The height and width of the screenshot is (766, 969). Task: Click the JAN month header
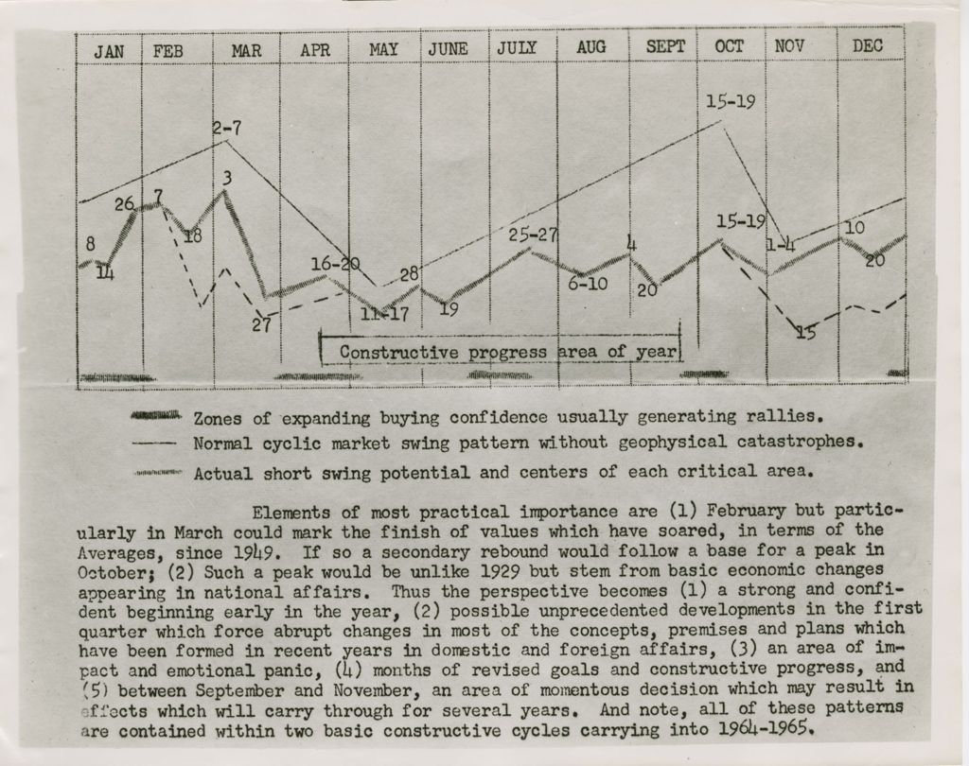tap(109, 52)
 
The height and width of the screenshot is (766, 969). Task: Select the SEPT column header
tap(665, 47)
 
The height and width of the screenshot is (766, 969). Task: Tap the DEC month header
tap(868, 45)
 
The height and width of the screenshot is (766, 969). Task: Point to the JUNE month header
tap(448, 49)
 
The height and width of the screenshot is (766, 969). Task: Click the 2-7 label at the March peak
tap(227, 129)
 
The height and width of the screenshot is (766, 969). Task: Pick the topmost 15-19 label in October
tap(731, 101)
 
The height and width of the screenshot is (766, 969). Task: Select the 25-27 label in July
tap(533, 235)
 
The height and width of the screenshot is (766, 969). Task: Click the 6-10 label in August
tap(588, 284)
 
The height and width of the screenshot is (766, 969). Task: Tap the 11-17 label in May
tap(385, 314)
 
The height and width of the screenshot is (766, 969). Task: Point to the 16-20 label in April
tap(336, 265)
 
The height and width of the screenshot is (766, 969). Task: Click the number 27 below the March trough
tap(261, 324)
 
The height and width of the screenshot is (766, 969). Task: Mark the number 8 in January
tap(90, 244)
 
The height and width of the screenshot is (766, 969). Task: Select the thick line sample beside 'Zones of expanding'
tap(156, 415)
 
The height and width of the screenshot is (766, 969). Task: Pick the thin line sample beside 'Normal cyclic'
tap(154, 443)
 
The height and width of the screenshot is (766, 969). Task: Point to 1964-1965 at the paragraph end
tap(765, 729)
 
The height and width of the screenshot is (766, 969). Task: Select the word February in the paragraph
tap(746, 512)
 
